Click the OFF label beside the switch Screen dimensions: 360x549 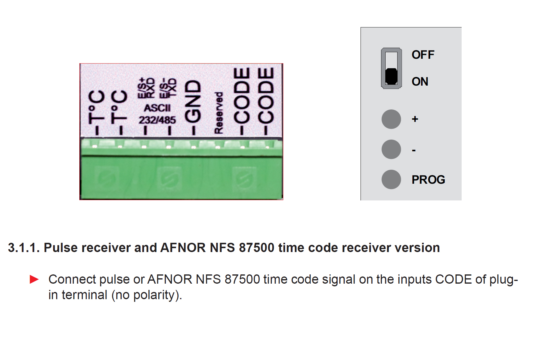[x=423, y=55]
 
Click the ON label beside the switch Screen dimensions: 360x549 [x=420, y=82]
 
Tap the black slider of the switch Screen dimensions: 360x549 [x=391, y=76]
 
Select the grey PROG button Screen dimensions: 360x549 [x=391, y=179]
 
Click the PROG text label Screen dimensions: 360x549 [x=428, y=180]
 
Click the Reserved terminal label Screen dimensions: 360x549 [x=219, y=113]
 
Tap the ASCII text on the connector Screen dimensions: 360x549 [x=157, y=108]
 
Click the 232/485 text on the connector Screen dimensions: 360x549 [x=157, y=120]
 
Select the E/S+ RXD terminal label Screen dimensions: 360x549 [x=146, y=88]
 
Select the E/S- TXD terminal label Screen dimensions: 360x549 [x=168, y=88]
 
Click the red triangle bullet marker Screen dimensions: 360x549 [x=34, y=279]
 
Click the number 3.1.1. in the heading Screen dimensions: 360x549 [x=24, y=248]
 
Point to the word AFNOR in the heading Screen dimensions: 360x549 [x=183, y=248]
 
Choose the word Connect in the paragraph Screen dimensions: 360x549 [x=72, y=279]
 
